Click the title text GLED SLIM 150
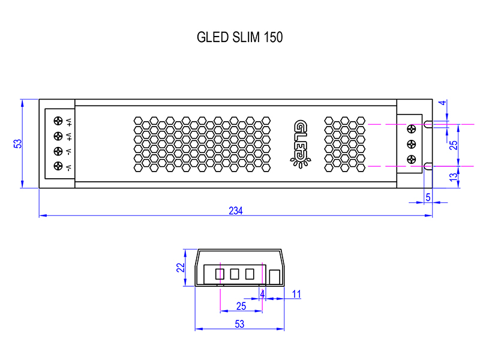[x=239, y=37]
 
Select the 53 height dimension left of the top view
[x=18, y=144]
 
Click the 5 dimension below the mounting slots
[x=428, y=196]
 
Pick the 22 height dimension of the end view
[x=181, y=268]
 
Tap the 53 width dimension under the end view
[x=239, y=324]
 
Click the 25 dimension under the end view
[x=241, y=306]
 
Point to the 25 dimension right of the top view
[x=454, y=145]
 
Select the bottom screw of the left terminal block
[x=58, y=166]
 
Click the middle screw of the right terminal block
[x=412, y=144]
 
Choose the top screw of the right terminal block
[x=412, y=128]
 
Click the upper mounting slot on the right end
[x=428, y=124]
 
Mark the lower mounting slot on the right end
[x=428, y=165]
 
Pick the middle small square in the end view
[x=235, y=274]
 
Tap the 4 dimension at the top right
[x=443, y=103]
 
